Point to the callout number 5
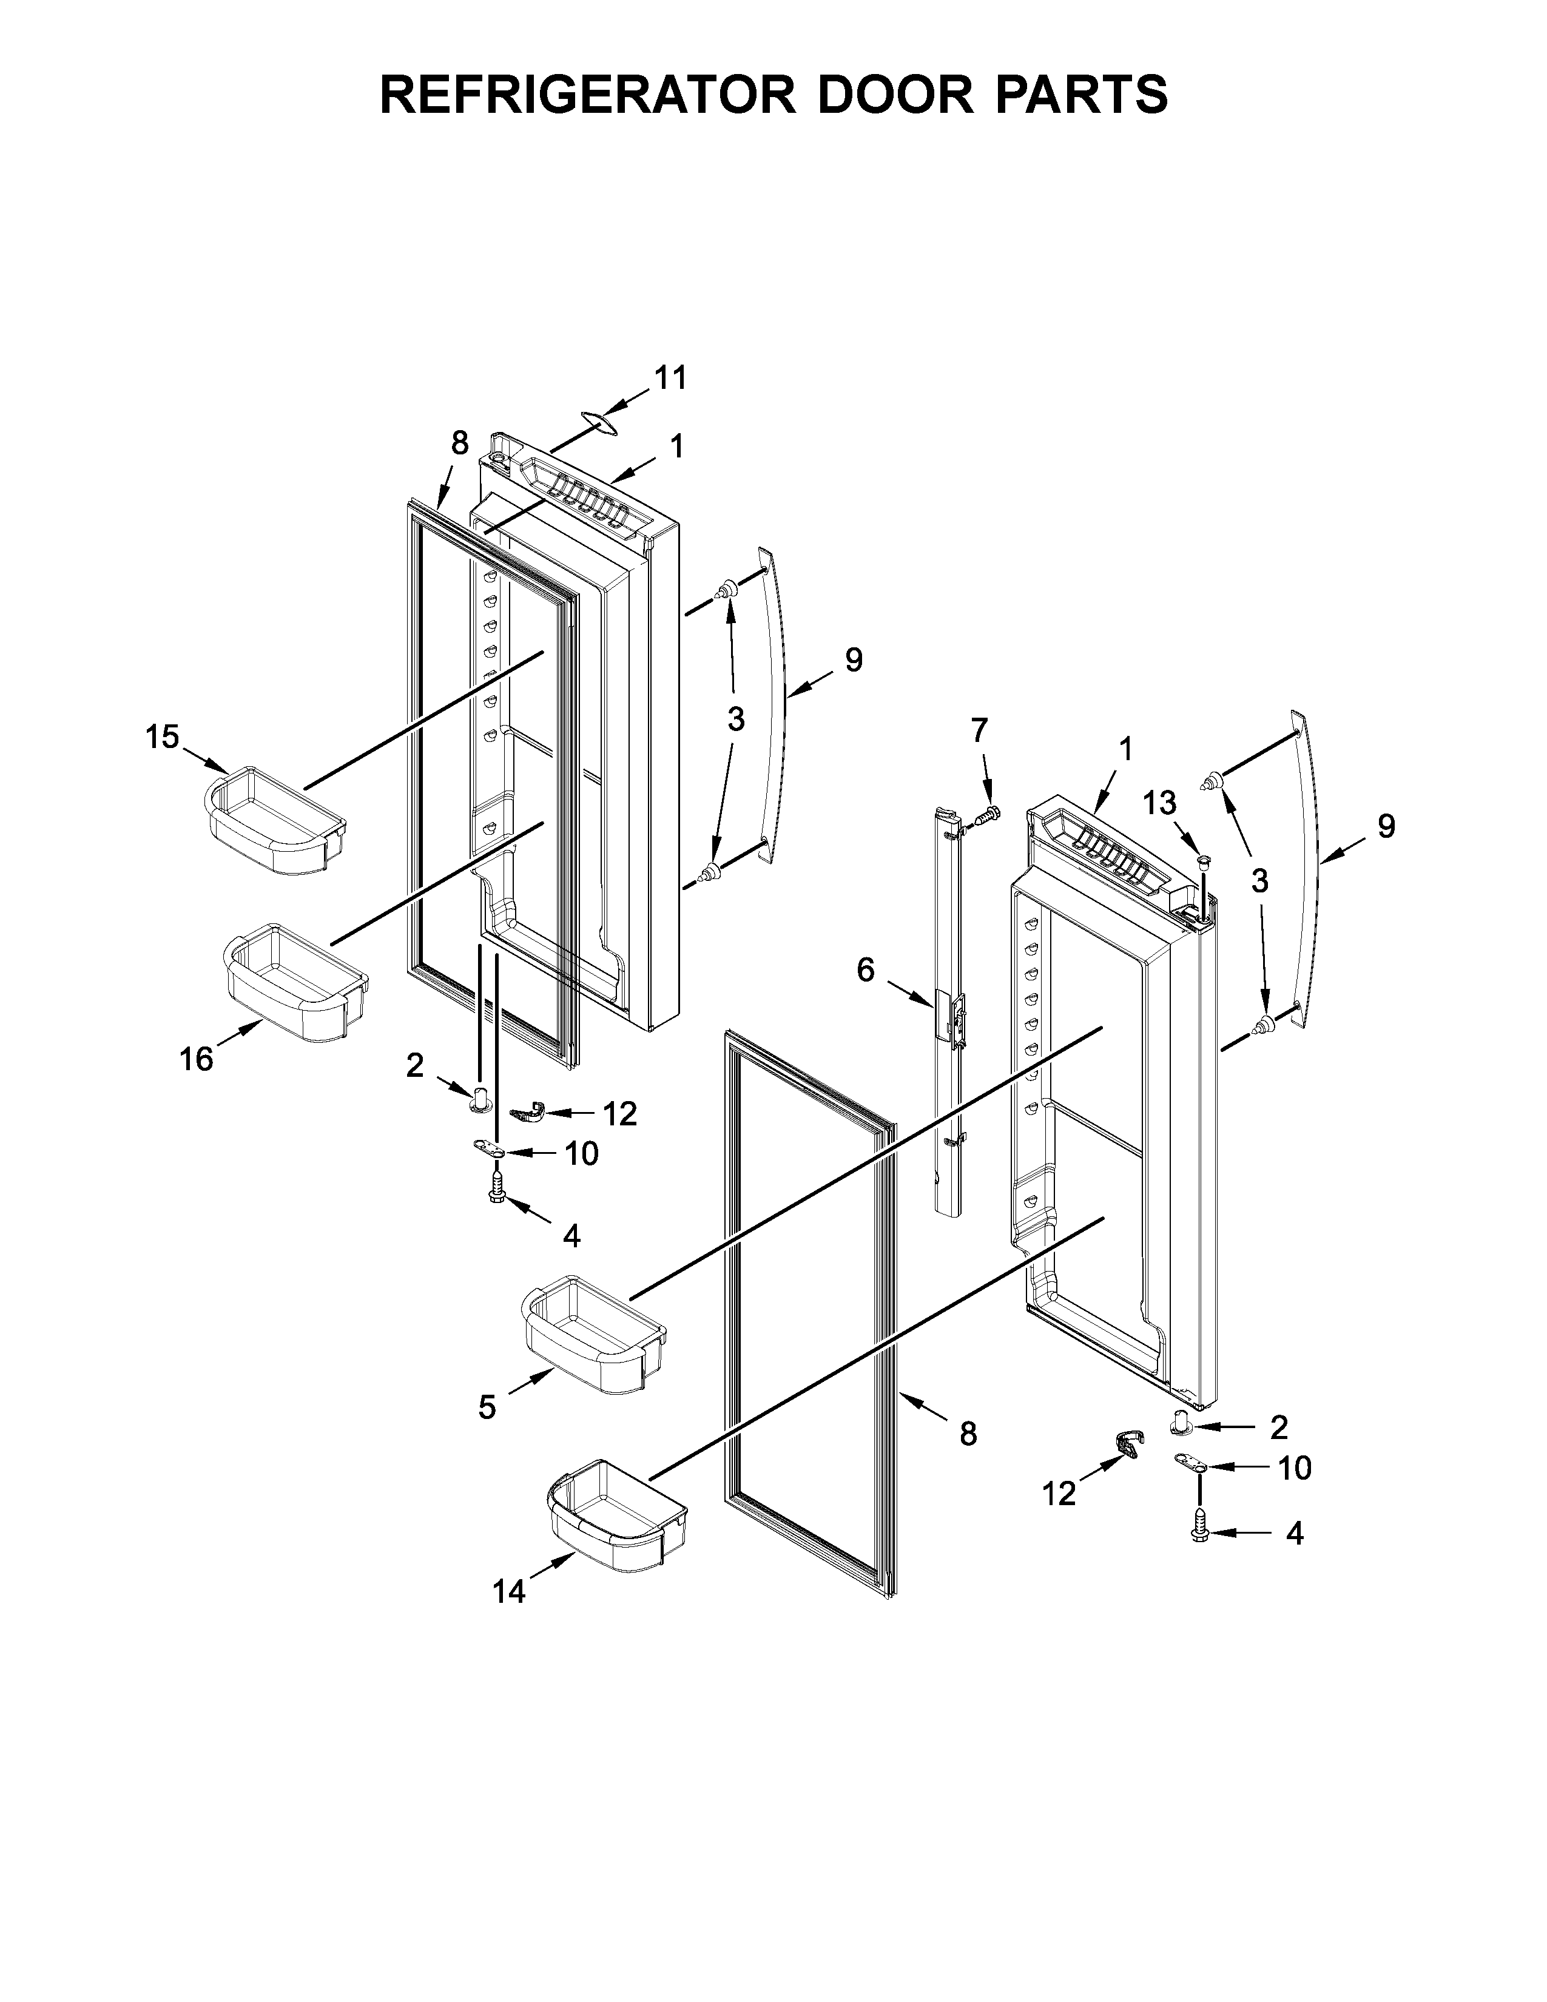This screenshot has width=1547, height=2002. click(x=487, y=1407)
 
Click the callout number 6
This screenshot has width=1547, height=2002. click(x=865, y=970)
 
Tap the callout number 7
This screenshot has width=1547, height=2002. click(x=980, y=730)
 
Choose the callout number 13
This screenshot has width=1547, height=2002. click(x=1159, y=803)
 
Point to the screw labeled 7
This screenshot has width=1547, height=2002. click(x=989, y=812)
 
